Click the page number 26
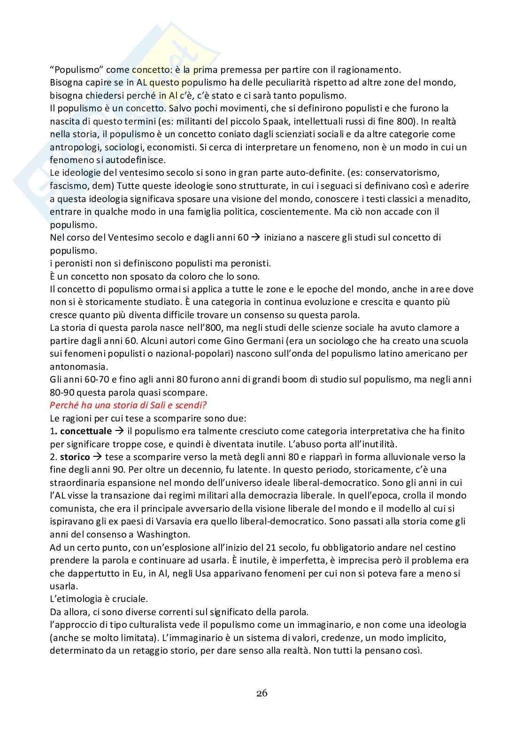click(x=262, y=693)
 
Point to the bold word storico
click(x=75, y=457)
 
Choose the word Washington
click(x=162, y=534)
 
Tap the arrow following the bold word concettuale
click(x=119, y=431)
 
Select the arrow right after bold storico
click(x=97, y=457)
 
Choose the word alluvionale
click(x=393, y=457)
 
